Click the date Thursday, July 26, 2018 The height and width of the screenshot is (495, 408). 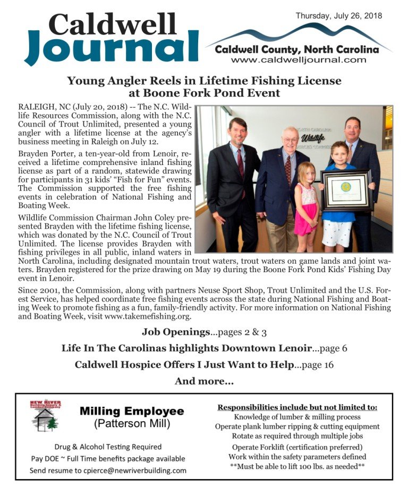point(338,15)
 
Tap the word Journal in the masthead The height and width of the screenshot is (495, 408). point(112,46)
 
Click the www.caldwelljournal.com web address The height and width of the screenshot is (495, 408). point(299,60)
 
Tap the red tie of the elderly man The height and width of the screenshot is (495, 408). point(288,169)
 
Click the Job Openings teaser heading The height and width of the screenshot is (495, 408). point(176,332)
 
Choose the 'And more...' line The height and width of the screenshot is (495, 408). point(203,381)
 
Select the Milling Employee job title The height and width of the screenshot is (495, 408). point(132,411)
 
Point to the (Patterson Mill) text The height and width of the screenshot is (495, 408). point(132,424)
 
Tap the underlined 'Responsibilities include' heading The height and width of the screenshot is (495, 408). point(297,407)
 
